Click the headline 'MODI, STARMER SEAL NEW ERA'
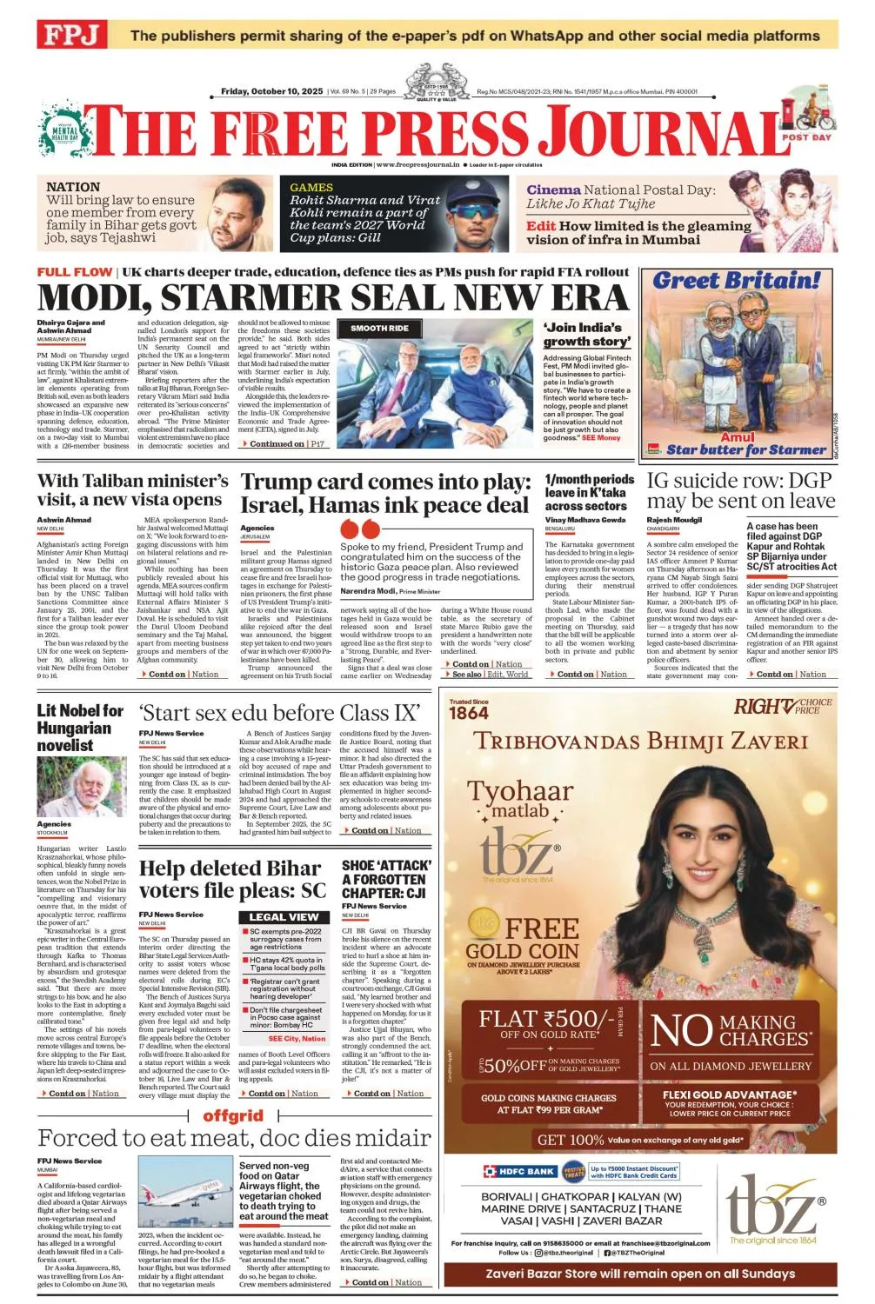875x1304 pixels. (332, 298)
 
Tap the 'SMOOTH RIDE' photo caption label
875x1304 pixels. (379, 329)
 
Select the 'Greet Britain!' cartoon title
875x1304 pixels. (736, 281)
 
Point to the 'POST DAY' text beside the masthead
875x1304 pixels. (806, 137)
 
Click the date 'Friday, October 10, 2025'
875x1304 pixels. (271, 91)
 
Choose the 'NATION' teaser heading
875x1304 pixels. (73, 187)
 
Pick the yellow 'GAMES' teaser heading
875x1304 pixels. (311, 187)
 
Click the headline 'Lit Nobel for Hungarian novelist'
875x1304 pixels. (79, 728)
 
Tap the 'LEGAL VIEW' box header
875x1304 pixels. (284, 917)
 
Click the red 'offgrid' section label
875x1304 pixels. (233, 1115)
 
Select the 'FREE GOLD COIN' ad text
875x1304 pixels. (522, 939)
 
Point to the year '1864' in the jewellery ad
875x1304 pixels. (469, 714)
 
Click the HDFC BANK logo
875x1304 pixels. (519, 1171)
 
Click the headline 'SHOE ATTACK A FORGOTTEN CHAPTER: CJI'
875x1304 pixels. (385, 879)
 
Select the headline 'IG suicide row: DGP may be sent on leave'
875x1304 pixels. (740, 490)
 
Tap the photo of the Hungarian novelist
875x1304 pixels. (81, 787)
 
